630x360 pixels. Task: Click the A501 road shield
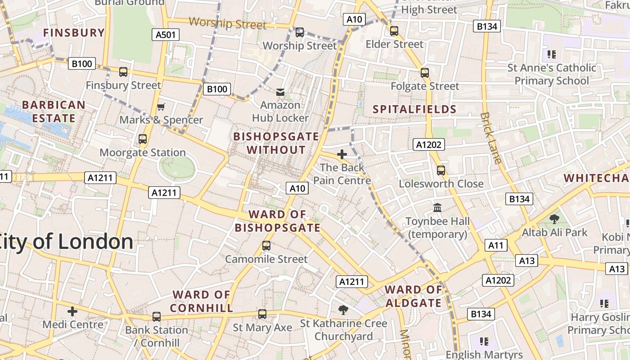point(166,35)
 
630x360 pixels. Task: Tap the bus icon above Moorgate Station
point(143,139)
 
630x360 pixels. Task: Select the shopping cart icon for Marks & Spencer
point(161,107)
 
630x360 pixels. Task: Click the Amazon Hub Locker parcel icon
point(280,92)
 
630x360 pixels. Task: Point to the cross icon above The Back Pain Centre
point(342,154)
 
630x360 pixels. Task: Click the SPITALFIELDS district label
point(414,109)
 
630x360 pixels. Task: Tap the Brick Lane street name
point(490,137)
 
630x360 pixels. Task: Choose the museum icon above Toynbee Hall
point(437,207)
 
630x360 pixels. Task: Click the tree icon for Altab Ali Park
point(554,219)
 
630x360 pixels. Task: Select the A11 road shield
point(496,245)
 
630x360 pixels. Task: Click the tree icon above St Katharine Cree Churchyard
point(343,310)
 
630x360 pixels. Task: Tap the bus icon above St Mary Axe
point(262,314)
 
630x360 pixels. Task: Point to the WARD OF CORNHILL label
point(202,301)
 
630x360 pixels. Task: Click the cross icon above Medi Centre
point(72,311)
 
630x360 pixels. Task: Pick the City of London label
point(67,242)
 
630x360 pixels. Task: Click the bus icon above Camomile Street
point(266,246)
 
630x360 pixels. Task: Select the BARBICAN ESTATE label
point(54,112)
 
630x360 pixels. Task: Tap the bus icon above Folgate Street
point(425,73)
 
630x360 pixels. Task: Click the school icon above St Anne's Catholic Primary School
point(552,54)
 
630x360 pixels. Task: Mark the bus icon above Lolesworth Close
point(441,171)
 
